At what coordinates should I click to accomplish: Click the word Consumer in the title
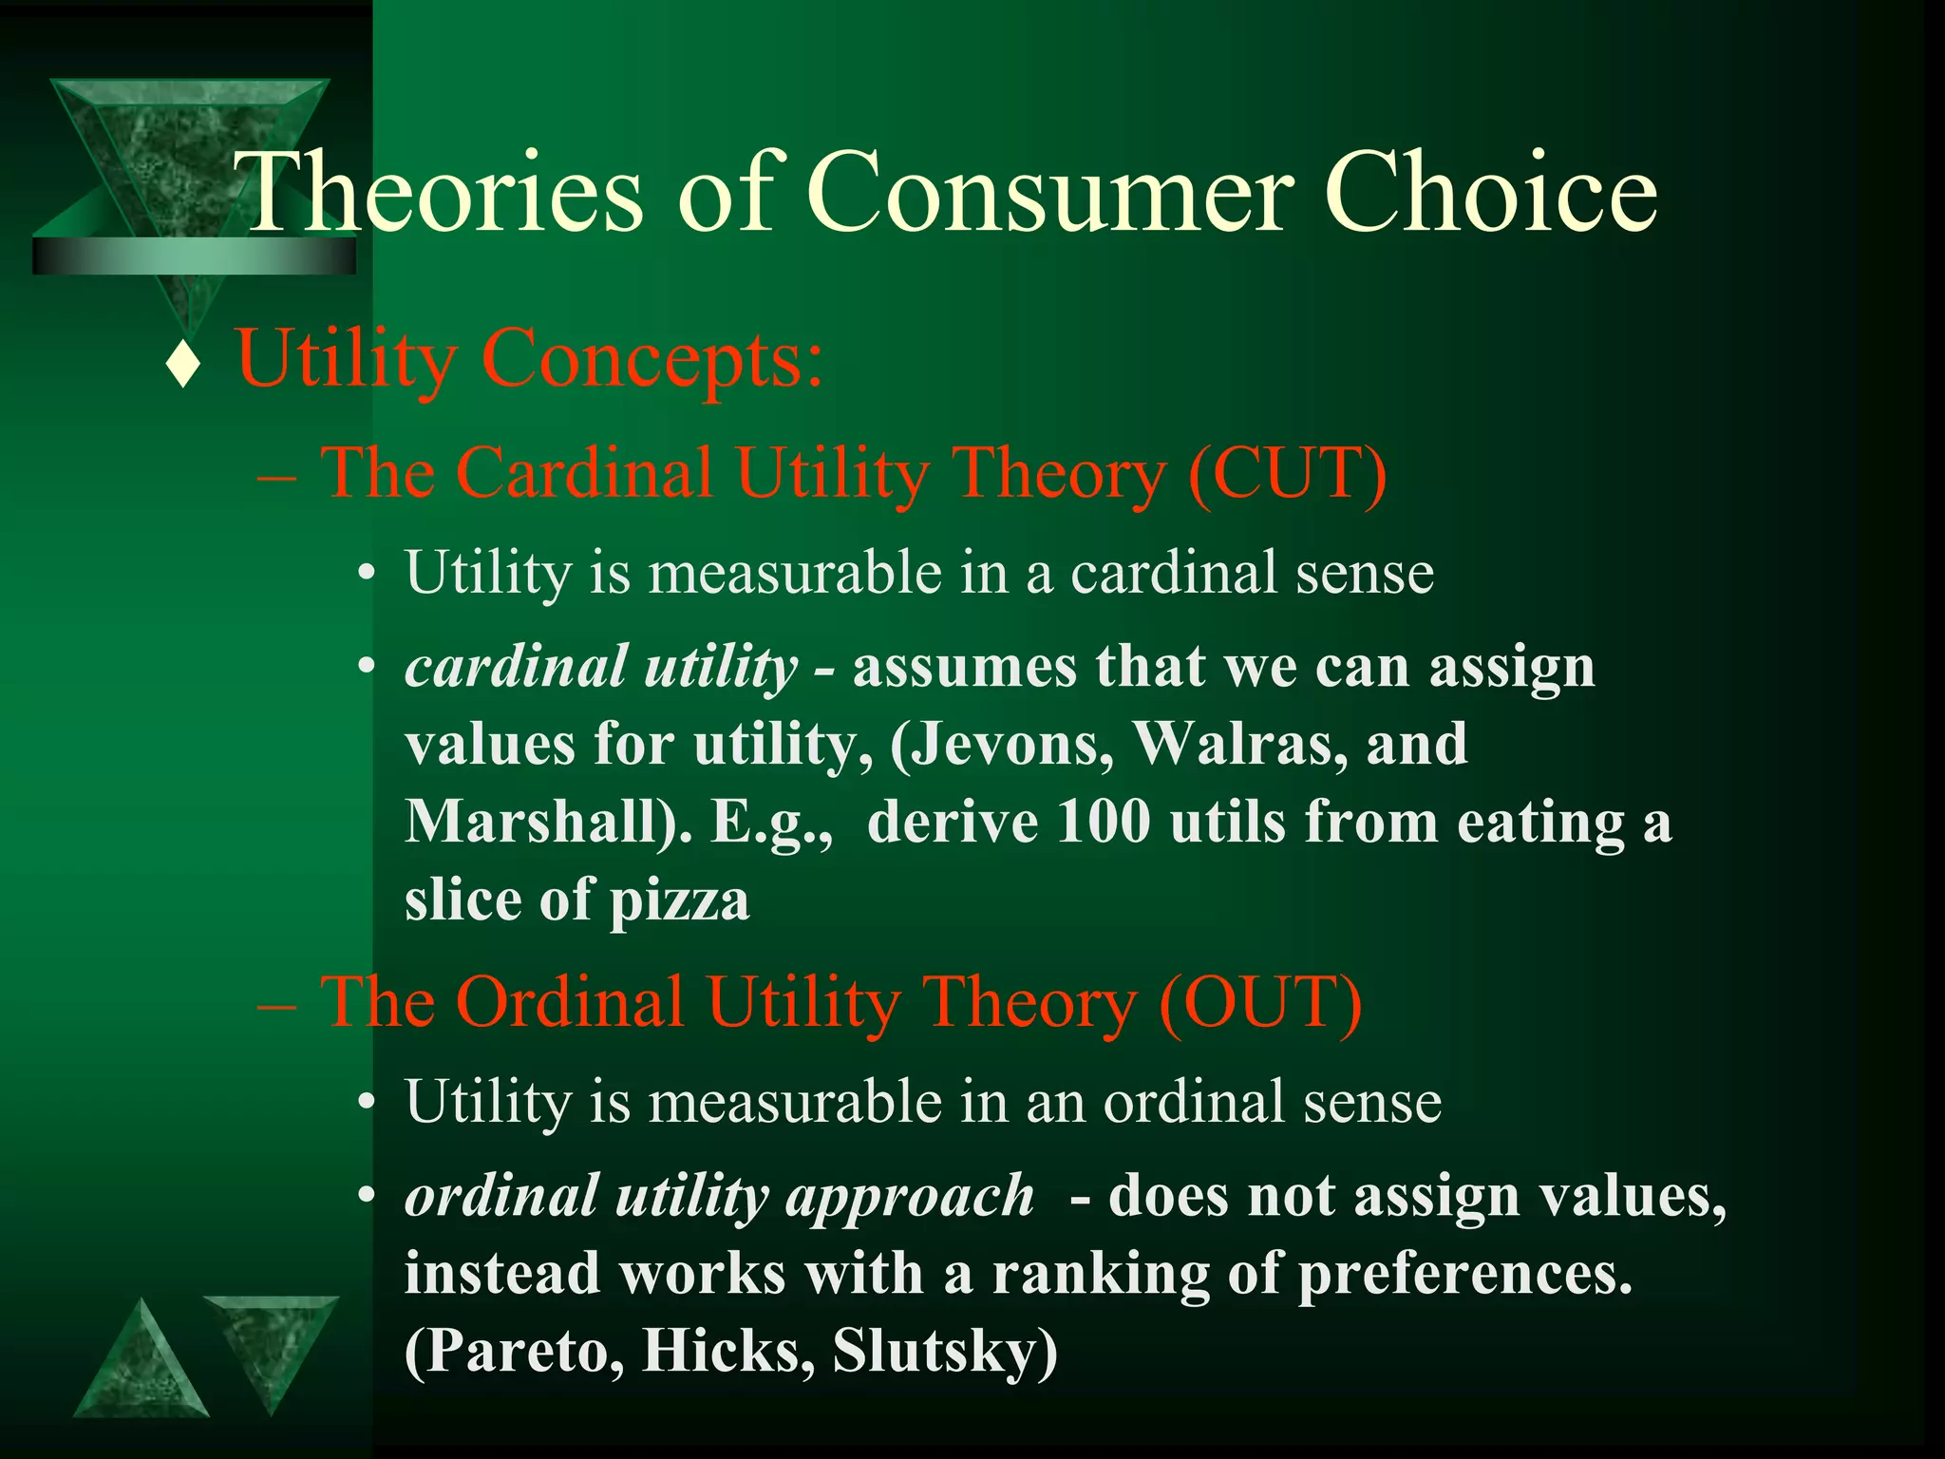1048,195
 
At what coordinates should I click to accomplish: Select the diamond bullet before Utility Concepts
182,366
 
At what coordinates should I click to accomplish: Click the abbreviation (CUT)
1287,472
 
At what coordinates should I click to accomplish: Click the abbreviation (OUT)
1260,1002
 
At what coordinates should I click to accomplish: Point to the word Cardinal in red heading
584,472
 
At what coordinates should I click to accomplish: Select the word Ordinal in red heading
570,1002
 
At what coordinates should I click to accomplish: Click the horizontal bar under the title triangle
194,256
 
